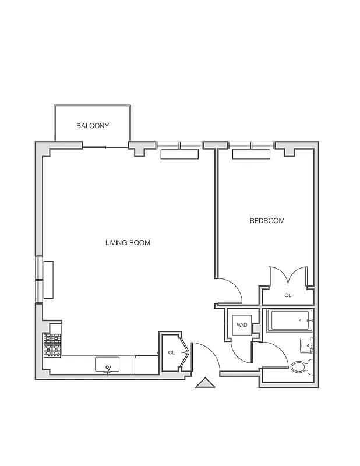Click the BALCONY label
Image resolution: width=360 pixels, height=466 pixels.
93,126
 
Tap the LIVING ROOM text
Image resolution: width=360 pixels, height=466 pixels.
128,243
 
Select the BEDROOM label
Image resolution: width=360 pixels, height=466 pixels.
267,221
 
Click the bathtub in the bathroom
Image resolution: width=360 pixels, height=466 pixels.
289,320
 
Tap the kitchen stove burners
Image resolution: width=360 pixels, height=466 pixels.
52,345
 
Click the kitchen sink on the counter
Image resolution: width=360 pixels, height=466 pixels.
107,365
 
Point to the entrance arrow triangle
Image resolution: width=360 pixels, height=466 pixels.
204,383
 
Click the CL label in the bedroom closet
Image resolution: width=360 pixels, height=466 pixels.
288,296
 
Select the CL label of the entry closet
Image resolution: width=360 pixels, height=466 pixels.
171,352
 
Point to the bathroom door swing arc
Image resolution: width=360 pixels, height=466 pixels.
274,354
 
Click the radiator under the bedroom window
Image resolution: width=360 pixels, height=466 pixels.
252,154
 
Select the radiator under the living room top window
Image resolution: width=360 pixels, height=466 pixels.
179,154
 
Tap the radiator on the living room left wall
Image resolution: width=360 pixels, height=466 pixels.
49,280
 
